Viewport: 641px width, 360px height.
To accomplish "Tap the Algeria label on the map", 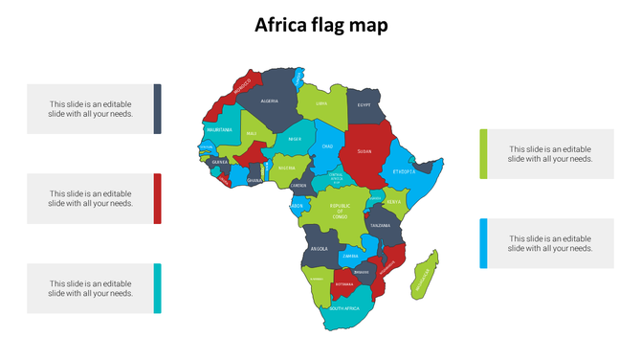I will pyautogui.click(x=270, y=101).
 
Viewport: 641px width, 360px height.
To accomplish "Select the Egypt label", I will pyautogui.click(x=364, y=105).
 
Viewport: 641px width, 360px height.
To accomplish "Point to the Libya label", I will pyautogui.click(x=321, y=103).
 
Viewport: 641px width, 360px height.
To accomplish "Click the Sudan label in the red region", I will pyautogui.click(x=364, y=150).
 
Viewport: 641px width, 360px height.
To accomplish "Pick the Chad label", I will pyautogui.click(x=327, y=146).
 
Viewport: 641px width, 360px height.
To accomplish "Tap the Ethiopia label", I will pyautogui.click(x=404, y=171).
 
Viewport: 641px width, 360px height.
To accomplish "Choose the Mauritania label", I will pyautogui.click(x=219, y=129).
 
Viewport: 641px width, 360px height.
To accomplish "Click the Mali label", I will pyautogui.click(x=251, y=134).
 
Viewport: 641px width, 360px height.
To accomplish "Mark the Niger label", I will pyautogui.click(x=295, y=139).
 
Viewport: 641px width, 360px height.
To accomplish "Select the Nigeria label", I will pyautogui.click(x=287, y=168).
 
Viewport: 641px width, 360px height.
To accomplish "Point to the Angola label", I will pyautogui.click(x=320, y=249).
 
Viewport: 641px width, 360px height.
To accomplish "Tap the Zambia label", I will pyautogui.click(x=351, y=256).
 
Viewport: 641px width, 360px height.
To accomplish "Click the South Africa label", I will pyautogui.click(x=344, y=308).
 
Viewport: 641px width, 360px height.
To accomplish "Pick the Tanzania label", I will pyautogui.click(x=381, y=225).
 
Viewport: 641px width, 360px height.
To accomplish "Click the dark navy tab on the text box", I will pyautogui.click(x=158, y=108).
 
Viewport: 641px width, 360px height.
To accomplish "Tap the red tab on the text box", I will pyautogui.click(x=158, y=198).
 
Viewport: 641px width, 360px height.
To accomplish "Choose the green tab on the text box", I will pyautogui.click(x=484, y=153).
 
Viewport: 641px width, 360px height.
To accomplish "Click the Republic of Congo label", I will pyautogui.click(x=340, y=211).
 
